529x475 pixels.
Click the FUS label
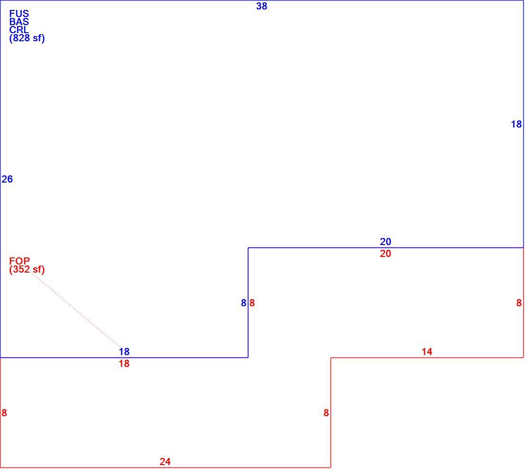tap(19, 14)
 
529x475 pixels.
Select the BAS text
tap(19, 22)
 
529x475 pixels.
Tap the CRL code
tap(19, 30)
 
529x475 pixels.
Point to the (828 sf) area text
tap(27, 38)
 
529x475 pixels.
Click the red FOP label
tap(19, 261)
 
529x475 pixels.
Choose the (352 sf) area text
tap(27, 270)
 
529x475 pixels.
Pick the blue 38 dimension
tap(262, 7)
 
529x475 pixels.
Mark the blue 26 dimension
tap(7, 179)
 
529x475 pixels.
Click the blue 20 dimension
tap(386, 242)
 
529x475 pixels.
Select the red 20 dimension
tap(386, 254)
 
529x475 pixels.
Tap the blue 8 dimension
tap(244, 303)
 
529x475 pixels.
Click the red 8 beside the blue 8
tap(252, 303)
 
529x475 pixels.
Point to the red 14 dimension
tap(427, 352)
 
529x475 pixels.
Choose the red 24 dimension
tap(165, 462)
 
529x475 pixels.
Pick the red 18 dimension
tap(124, 364)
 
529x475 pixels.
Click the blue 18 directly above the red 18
tap(124, 352)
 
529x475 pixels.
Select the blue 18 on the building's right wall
tap(517, 125)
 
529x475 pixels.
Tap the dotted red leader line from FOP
tap(80, 313)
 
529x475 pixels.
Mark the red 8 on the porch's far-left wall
tap(4, 413)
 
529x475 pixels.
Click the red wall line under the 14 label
tap(427, 358)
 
